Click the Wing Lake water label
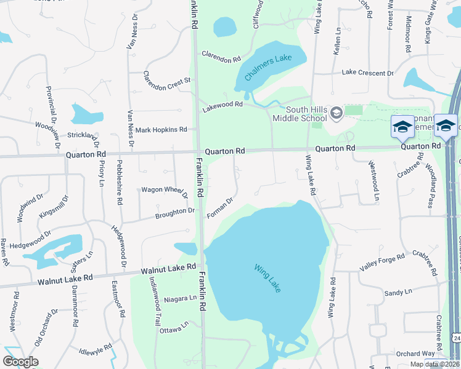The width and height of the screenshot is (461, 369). tap(267, 277)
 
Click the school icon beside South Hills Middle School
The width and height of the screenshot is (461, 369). tap(336, 113)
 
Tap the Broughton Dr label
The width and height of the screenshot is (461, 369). tap(174, 212)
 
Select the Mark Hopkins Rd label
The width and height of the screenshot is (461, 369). tap(161, 130)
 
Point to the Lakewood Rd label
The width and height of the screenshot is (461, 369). tap(223, 107)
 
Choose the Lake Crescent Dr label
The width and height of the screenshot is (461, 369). tap(367, 73)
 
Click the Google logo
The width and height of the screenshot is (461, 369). tap(20, 361)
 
